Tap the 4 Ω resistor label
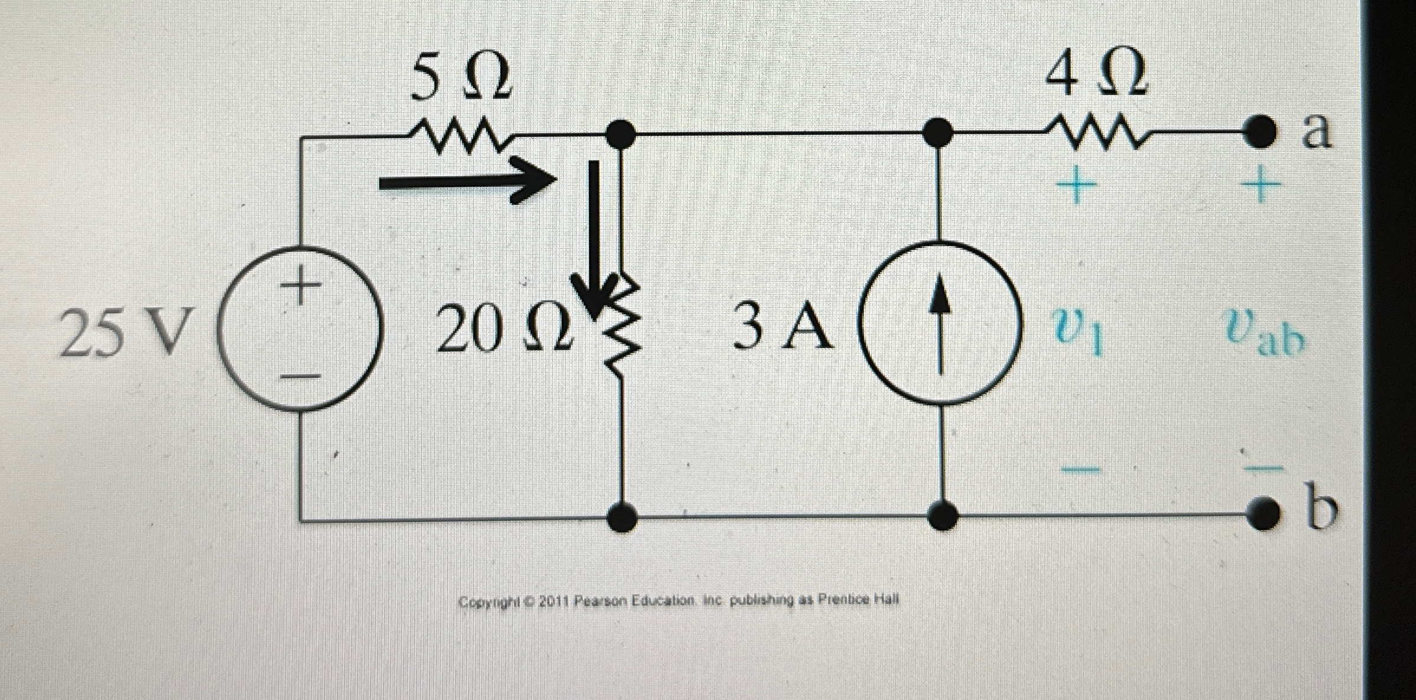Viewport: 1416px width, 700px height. point(1096,73)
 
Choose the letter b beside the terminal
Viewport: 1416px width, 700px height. point(1320,509)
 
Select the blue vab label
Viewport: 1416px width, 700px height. point(1264,336)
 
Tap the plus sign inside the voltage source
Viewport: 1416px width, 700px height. point(301,285)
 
